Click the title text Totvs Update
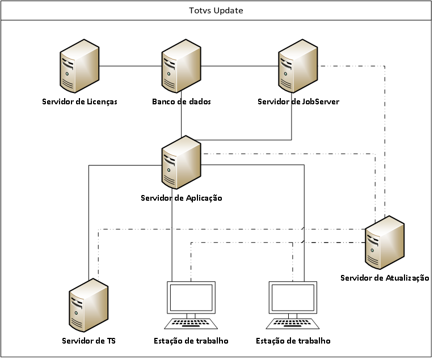tap(216, 11)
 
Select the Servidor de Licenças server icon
tap(79, 67)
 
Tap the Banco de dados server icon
tap(181, 67)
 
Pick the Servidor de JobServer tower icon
tap(298, 67)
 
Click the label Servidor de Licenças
tap(79, 102)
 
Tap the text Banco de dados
tap(182, 102)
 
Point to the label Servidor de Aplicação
tap(181, 198)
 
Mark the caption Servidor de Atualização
tap(384, 278)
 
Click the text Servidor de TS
tap(89, 341)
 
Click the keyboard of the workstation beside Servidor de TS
tap(191, 323)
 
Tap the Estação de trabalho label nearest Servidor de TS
tap(191, 341)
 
